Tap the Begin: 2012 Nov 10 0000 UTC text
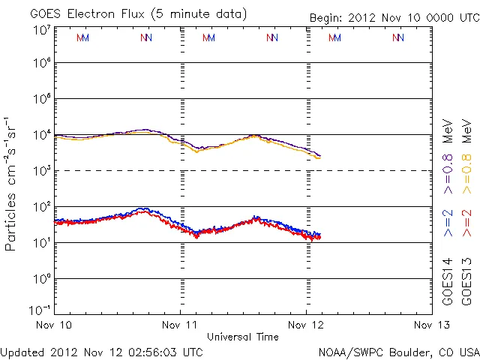(x=394, y=18)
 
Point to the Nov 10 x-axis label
(x=54, y=325)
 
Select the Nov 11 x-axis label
(x=181, y=325)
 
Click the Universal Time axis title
(x=243, y=337)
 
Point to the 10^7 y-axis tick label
(x=41, y=30)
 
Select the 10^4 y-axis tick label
(x=41, y=136)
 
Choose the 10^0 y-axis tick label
(x=41, y=279)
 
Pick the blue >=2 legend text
(x=448, y=223)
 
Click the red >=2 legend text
(x=466, y=223)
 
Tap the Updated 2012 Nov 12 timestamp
(x=102, y=351)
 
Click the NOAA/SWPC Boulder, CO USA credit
(x=398, y=351)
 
